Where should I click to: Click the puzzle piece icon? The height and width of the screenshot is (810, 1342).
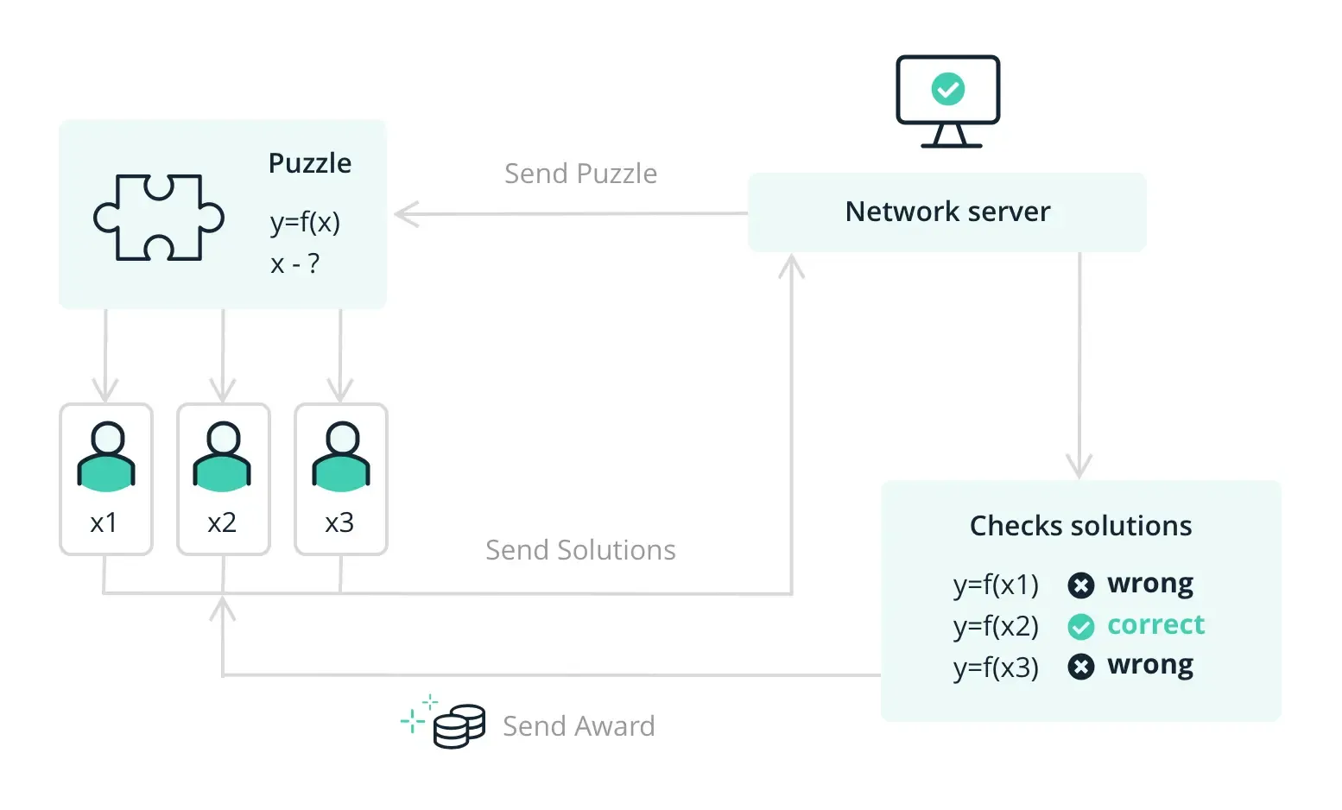tap(159, 218)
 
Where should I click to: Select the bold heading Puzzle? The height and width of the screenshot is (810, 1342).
tap(309, 163)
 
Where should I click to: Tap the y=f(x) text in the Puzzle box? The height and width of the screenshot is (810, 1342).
tap(305, 223)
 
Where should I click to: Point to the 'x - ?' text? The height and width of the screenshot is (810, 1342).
tap(294, 263)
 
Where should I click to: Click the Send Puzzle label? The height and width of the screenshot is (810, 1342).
tap(580, 174)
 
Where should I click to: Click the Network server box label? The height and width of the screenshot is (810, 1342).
tap(947, 212)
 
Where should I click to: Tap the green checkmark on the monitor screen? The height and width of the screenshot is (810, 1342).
tap(947, 89)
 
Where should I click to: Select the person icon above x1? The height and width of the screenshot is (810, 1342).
tap(106, 457)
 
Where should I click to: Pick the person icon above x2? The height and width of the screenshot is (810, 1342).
tap(223, 457)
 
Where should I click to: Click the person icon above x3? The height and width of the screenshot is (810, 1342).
tap(341, 457)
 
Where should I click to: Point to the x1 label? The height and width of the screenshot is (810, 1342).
tap(104, 522)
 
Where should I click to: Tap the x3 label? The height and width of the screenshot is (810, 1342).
tap(339, 522)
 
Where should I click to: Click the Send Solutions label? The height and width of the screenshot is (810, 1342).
tap(580, 550)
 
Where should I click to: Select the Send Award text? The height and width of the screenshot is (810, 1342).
tap(579, 726)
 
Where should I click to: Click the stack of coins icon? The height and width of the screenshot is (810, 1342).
tap(459, 726)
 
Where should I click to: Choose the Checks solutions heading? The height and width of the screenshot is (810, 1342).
tap(1080, 526)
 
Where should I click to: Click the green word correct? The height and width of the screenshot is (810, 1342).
tap(1155, 624)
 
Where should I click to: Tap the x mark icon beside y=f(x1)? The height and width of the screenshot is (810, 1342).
tap(1080, 585)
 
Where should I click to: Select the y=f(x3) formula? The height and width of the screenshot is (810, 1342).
tap(996, 668)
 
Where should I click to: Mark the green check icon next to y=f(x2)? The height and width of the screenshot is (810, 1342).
tap(1080, 626)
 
